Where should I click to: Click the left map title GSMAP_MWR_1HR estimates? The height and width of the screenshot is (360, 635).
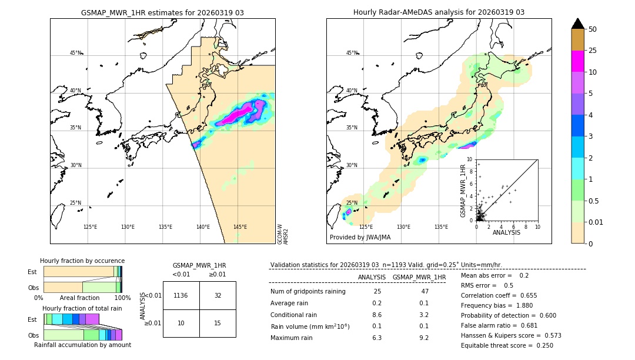[162, 12]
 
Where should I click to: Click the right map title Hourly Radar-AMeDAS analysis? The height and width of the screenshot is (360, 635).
[439, 12]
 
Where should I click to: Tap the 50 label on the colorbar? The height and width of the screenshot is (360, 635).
[593, 29]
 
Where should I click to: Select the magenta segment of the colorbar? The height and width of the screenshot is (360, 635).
[578, 61]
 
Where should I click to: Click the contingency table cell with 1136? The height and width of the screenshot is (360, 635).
[181, 295]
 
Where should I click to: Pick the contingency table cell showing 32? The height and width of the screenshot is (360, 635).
[218, 295]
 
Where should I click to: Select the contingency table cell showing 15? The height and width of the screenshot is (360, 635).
[218, 323]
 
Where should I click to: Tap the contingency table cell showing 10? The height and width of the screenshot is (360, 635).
[181, 323]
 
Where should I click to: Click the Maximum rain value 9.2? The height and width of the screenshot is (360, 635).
[423, 338]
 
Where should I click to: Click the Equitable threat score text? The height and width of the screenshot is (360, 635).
[507, 345]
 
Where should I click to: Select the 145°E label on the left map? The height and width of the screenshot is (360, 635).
[240, 227]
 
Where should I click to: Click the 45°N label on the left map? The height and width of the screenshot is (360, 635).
[75, 53]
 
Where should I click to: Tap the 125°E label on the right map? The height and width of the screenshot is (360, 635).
[366, 227]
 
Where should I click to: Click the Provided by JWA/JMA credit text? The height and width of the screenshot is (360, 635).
[360, 238]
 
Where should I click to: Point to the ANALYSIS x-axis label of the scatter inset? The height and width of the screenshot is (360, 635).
[506, 232]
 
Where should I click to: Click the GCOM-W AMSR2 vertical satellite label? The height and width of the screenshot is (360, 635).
[283, 234]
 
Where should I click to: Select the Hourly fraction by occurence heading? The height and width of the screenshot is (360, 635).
[82, 261]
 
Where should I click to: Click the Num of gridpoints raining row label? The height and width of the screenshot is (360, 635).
[308, 291]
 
